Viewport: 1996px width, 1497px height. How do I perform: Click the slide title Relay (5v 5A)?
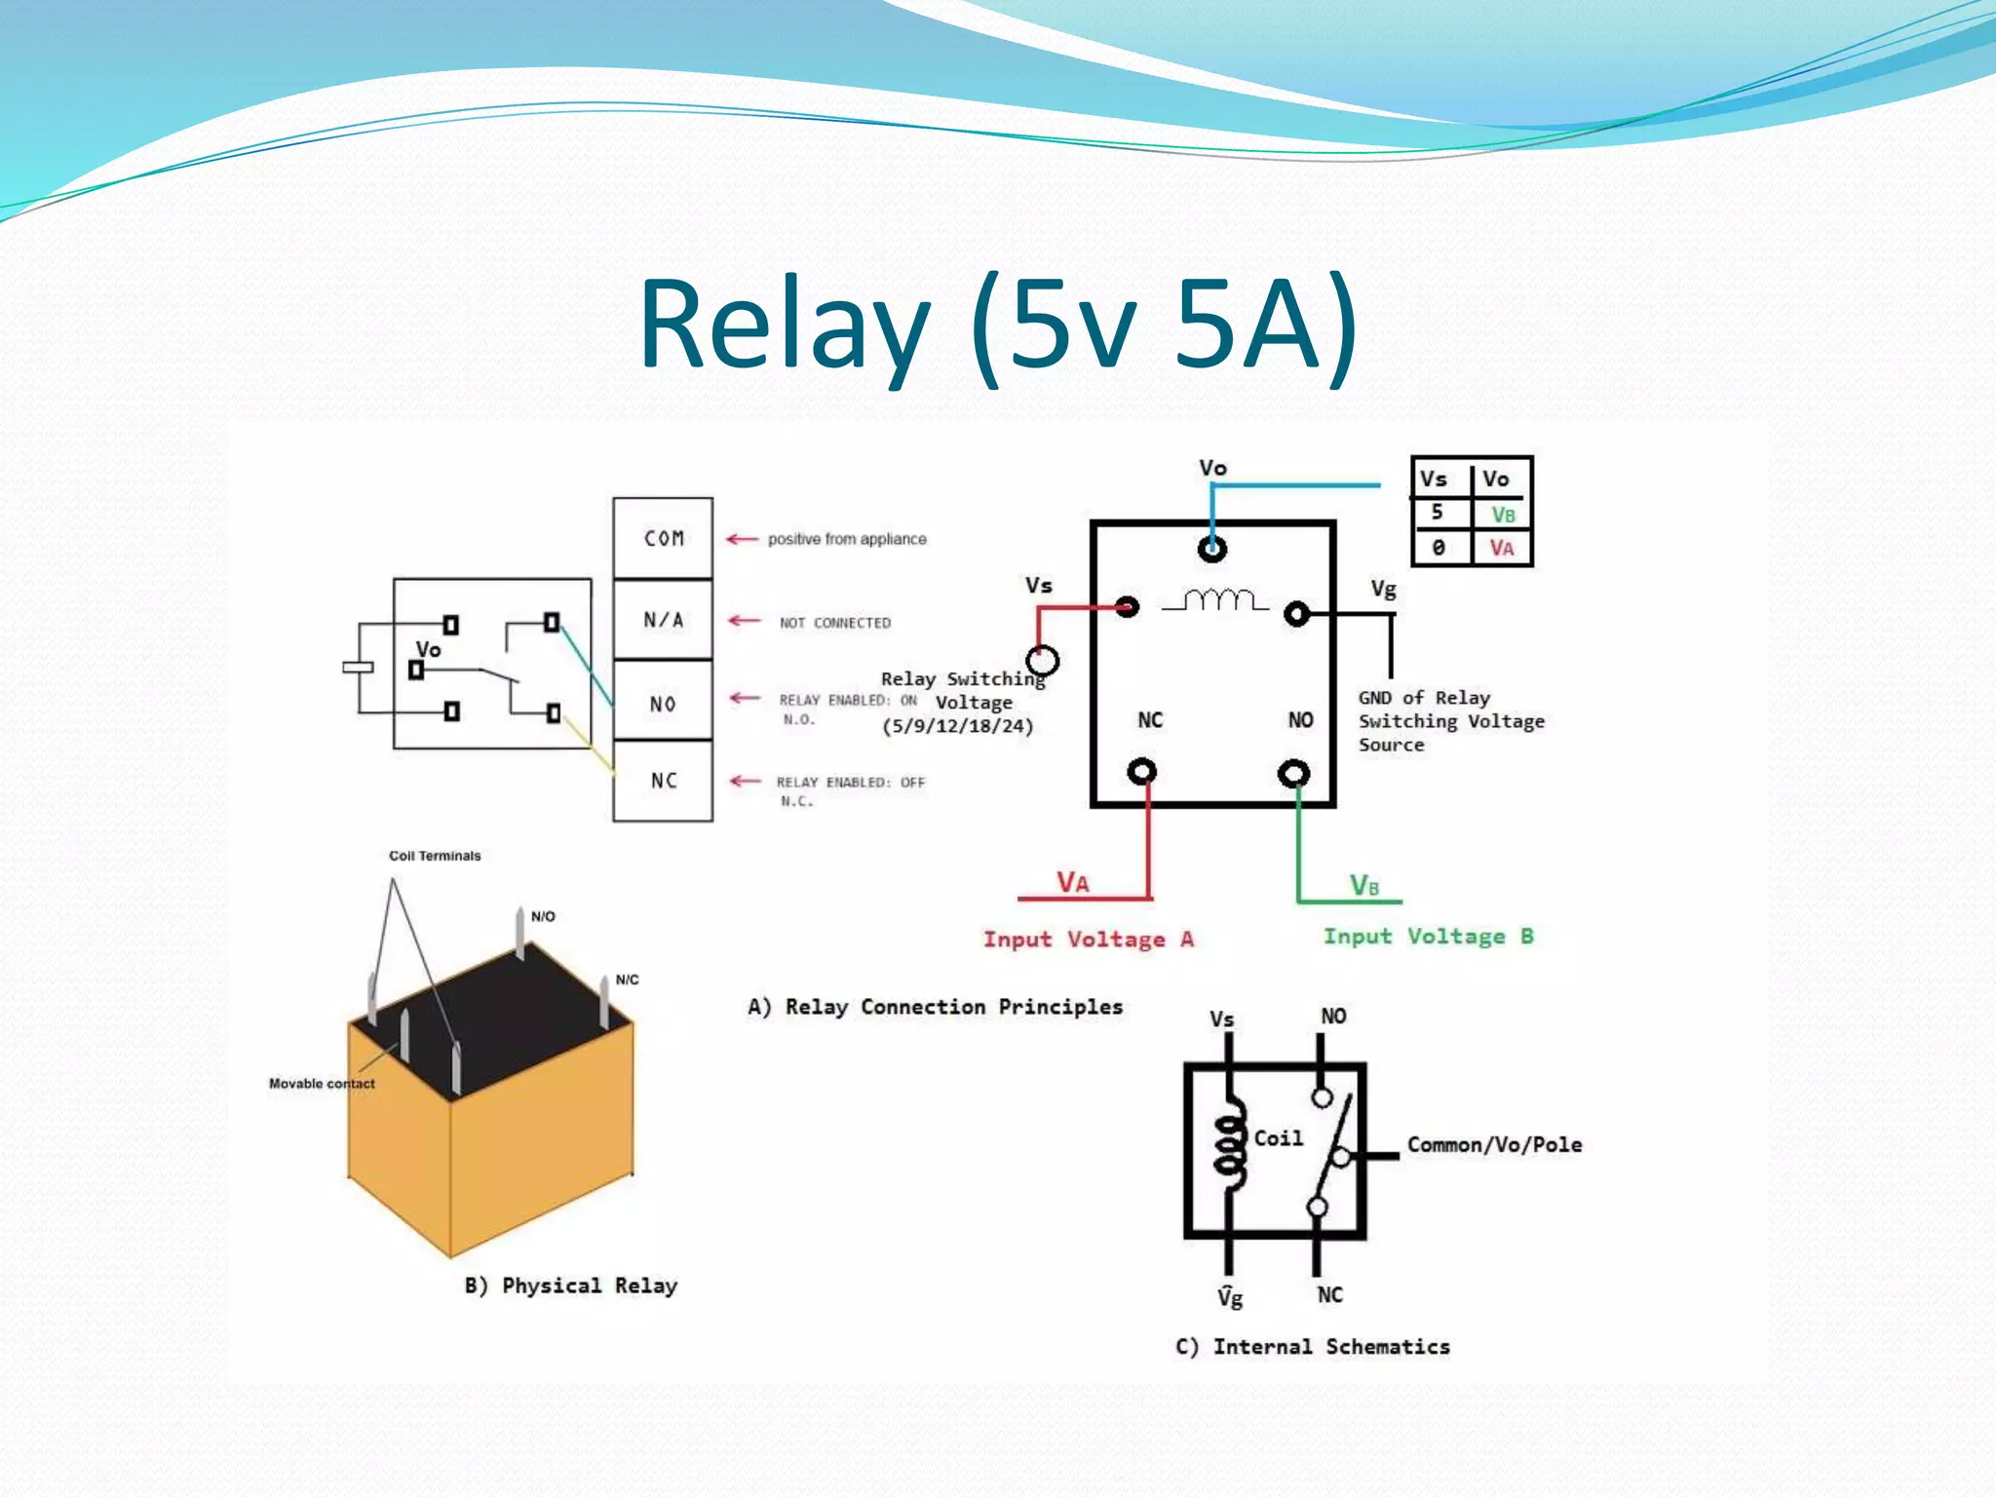998,324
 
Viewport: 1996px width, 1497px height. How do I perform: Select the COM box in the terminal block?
663,538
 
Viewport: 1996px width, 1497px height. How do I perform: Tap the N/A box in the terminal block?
663,620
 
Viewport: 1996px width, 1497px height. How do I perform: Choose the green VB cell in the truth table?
1502,514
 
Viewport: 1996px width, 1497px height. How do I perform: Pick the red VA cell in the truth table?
1501,548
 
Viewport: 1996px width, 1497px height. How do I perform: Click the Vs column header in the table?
1434,479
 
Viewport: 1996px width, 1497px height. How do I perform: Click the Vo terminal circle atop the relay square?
1211,550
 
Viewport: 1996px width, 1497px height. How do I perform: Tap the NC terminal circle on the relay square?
1141,772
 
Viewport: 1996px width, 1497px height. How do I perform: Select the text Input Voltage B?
1428,937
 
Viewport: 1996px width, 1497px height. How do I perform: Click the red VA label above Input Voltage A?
1073,882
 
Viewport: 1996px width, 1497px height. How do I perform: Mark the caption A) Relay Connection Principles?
935,1007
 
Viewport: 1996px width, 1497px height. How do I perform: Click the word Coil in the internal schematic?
1278,1138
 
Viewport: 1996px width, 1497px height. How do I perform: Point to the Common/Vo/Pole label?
1494,1144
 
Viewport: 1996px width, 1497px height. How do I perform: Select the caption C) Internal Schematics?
1312,1347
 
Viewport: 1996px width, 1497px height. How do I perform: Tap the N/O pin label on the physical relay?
543,916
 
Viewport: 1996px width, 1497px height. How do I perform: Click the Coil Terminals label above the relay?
435,856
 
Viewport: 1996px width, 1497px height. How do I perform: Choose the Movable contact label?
322,1084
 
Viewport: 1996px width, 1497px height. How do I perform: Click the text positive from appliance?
847,539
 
